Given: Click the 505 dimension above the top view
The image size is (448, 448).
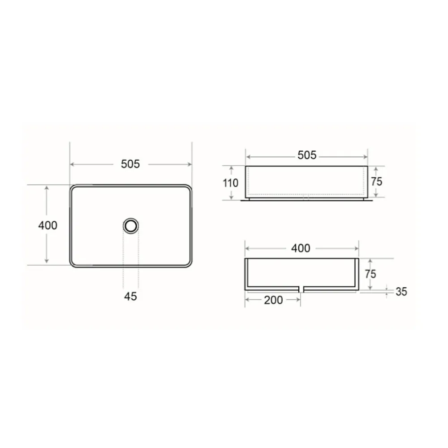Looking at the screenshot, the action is click(130, 164).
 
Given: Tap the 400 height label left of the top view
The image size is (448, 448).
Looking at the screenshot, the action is click(48, 225).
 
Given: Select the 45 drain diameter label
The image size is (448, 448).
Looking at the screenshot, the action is click(130, 296).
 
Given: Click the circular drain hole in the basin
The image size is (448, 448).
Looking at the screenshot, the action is click(131, 226).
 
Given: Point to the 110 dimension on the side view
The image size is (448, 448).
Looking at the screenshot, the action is click(230, 183).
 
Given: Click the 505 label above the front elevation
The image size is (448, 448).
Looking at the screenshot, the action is click(307, 155).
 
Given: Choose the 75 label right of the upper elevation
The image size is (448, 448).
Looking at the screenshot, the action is click(377, 182).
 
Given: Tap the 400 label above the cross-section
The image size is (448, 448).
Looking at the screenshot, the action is click(301, 248).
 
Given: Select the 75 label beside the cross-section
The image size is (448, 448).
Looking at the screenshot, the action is click(370, 274).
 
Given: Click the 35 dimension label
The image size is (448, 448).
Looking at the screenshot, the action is click(401, 292).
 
